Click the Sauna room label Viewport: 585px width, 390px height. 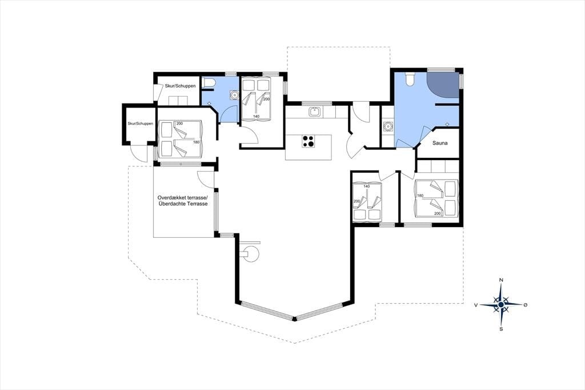pos(440,143)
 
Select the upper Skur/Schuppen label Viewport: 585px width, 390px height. pos(180,86)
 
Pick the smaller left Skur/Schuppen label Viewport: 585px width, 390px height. pos(141,124)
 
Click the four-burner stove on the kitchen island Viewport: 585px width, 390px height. pos(308,141)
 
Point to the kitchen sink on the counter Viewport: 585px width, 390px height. pos(315,112)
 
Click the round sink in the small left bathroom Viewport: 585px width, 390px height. pos(234,95)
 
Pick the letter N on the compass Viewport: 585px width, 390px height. pos(501,280)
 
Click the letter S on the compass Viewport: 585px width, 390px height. pos(501,329)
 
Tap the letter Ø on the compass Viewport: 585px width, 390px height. pos(526,305)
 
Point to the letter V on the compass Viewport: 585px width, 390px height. pos(476,305)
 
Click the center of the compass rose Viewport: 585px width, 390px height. pos(501,305)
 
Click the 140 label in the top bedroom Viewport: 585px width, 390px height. pos(256,117)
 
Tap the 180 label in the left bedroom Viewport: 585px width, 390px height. pos(197,142)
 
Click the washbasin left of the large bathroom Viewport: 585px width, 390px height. pos(388,126)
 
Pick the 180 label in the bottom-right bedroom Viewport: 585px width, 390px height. pos(420,196)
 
